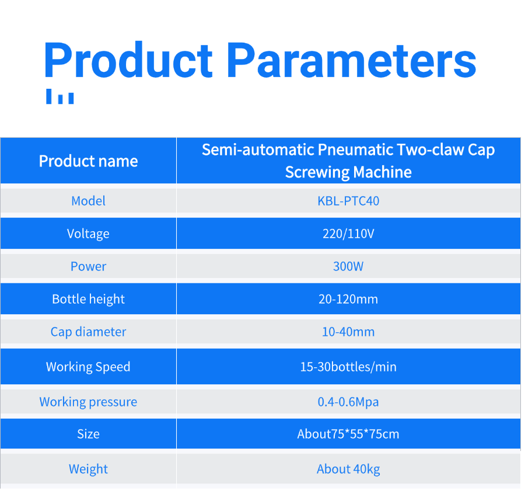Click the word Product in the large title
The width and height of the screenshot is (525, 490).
[x=128, y=60]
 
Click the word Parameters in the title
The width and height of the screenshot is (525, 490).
[x=352, y=61]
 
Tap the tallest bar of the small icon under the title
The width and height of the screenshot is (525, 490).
[x=49, y=96]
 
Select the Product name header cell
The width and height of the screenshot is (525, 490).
[x=89, y=161]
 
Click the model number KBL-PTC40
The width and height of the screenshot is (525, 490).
[x=348, y=201]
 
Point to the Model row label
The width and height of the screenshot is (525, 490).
[x=89, y=201]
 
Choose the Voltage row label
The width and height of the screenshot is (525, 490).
[x=89, y=234]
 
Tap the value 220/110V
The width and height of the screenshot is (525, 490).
[x=348, y=234]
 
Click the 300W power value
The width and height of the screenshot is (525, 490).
[x=348, y=266]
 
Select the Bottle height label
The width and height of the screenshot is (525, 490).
[x=89, y=299]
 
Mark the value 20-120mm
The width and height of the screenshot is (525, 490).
[x=348, y=299]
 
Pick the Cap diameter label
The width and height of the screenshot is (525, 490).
[x=89, y=332]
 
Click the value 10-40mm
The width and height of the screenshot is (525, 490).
[x=348, y=332]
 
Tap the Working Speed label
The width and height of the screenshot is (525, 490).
[x=89, y=367]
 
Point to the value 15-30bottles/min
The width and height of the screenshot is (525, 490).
[x=348, y=367]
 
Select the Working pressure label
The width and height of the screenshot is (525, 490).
[x=89, y=402]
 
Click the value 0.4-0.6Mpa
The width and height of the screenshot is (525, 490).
[x=348, y=402]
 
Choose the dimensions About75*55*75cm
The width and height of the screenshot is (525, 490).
[x=348, y=434]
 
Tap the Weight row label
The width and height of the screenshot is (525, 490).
[x=89, y=469]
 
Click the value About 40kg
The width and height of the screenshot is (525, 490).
[x=348, y=469]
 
